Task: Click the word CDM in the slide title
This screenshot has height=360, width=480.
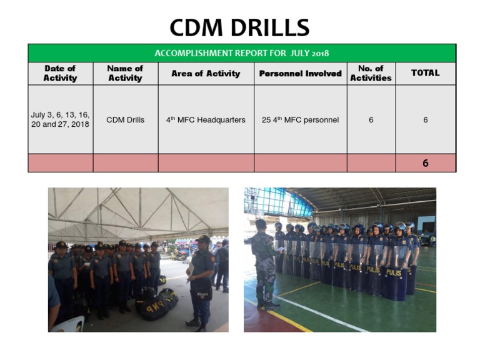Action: [x=198, y=27]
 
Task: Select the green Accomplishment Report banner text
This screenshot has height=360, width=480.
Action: [x=242, y=53]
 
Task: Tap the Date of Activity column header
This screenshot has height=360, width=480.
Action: [x=60, y=73]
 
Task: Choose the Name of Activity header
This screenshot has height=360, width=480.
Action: [x=125, y=73]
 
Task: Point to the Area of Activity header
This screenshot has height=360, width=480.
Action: [x=206, y=74]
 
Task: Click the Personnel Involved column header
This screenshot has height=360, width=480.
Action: [x=300, y=74]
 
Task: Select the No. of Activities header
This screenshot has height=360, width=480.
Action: [x=371, y=73]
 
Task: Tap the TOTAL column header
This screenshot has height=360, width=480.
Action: [x=425, y=73]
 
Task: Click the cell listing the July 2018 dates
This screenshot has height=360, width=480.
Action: [x=60, y=119]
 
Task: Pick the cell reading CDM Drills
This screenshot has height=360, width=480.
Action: [x=125, y=119]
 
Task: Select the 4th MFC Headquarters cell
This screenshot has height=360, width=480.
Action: [x=206, y=119]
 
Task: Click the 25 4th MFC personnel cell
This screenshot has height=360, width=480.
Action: [x=300, y=119]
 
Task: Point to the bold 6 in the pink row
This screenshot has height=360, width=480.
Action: [x=425, y=163]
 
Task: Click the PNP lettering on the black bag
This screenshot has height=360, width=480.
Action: [x=152, y=307]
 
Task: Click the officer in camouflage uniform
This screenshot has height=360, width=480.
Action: [x=263, y=262]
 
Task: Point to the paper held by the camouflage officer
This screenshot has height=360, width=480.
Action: [x=279, y=249]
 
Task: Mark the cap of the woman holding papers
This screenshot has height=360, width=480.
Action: [x=203, y=239]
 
